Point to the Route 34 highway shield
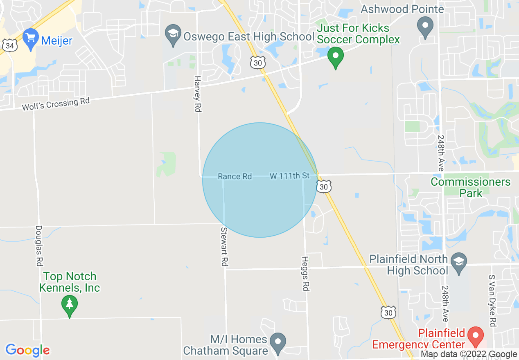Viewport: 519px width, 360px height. coord(9,46)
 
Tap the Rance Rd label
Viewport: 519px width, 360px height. coord(235,176)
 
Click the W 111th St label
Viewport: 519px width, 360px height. coord(289,176)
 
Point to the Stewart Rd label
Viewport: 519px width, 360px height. coord(224,247)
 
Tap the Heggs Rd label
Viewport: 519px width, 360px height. coord(305,274)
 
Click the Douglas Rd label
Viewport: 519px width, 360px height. coord(39,245)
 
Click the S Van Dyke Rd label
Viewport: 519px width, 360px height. coord(492,301)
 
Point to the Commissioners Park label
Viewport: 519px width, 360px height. coord(471,187)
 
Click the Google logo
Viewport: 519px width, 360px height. coord(28,350)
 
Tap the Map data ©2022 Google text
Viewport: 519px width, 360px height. coord(469,355)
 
